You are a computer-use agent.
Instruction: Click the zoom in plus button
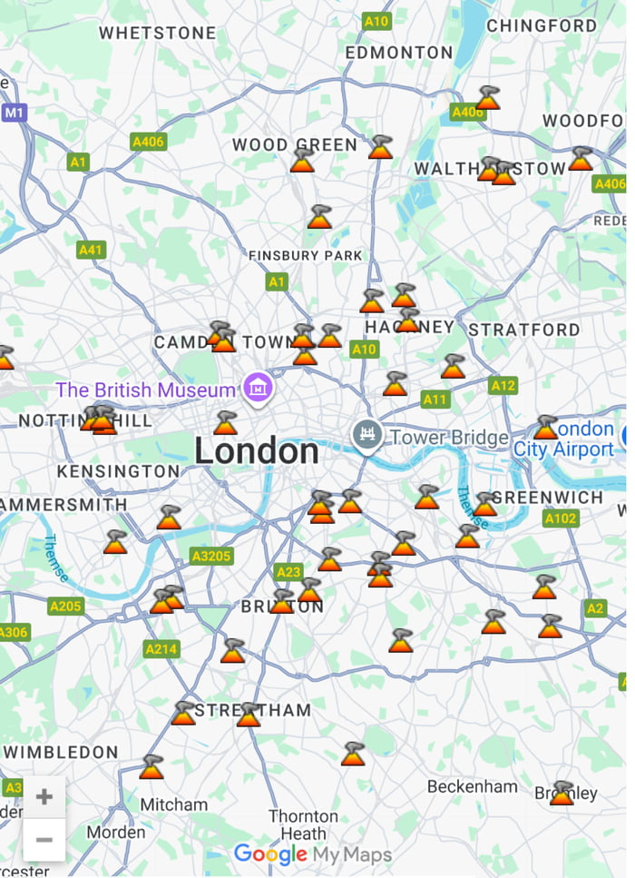[x=44, y=797]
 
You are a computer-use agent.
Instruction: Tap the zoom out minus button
[x=44, y=840]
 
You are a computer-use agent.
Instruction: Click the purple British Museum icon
[x=258, y=390]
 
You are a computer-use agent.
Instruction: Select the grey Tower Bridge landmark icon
[x=366, y=437]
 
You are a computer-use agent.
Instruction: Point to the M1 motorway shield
[x=14, y=113]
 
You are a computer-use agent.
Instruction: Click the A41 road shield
[x=92, y=250]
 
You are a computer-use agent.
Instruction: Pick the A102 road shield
[x=561, y=518]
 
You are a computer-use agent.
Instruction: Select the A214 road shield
[x=161, y=649]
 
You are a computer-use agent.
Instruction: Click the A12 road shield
[x=503, y=386]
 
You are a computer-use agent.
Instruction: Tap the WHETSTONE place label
[x=158, y=33]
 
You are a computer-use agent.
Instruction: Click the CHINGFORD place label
[x=541, y=25]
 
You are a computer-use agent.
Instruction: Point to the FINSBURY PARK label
[x=305, y=256]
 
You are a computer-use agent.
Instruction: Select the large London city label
[x=257, y=451]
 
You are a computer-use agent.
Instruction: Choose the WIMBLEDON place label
[x=62, y=752]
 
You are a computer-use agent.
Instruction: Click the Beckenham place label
[x=473, y=786]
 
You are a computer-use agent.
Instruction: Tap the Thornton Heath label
[x=302, y=824]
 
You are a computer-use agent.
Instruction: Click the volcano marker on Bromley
[x=562, y=794]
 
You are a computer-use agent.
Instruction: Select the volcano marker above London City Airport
[x=545, y=428]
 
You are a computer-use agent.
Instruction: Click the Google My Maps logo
[x=313, y=854]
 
